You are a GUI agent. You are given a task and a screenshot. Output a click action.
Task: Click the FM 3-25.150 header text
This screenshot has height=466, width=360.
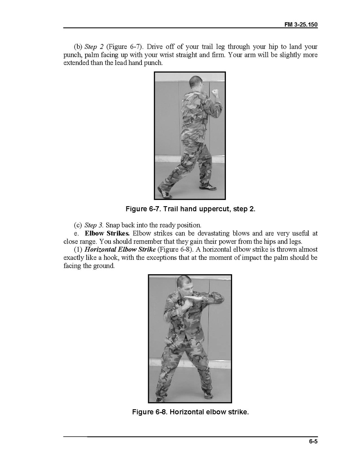[x=301, y=25]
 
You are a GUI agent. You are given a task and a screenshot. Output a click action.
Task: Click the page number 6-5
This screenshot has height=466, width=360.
[x=313, y=441]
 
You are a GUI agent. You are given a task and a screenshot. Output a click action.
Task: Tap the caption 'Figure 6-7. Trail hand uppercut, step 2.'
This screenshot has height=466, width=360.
[x=190, y=209]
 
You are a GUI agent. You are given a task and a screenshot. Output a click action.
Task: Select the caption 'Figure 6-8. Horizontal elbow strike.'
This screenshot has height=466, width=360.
[x=190, y=412]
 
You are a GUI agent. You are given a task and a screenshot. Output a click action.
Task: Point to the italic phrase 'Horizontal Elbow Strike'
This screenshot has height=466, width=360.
[x=120, y=249]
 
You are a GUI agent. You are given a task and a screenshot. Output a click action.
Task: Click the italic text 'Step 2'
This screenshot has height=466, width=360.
[x=94, y=47]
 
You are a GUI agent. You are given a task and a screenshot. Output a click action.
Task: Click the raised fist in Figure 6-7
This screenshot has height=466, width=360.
[x=216, y=93]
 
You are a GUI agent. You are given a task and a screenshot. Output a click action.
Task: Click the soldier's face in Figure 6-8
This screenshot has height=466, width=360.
[x=184, y=287]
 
